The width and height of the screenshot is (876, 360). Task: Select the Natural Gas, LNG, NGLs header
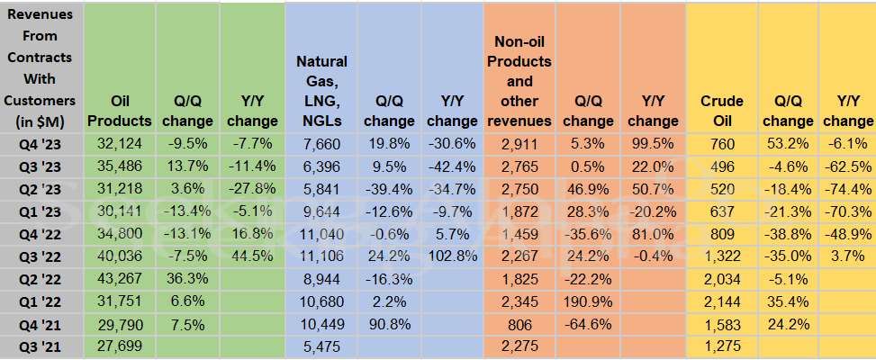[321, 91]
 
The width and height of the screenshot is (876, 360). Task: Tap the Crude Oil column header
[721, 111]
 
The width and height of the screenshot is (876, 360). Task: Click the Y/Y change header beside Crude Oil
[847, 111]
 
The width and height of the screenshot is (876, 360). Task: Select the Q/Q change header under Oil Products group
[188, 111]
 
